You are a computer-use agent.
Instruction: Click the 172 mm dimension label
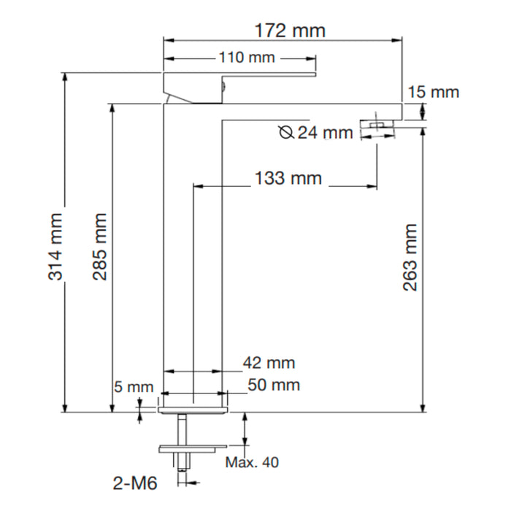pos(289,31)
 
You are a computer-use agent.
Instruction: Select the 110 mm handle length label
pos(247,58)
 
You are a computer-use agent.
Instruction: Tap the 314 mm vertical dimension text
pos(55,247)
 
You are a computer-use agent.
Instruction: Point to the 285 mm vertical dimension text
pos(100,247)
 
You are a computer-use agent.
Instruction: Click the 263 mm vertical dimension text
pos(410,257)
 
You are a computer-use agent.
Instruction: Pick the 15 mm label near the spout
pos(433,92)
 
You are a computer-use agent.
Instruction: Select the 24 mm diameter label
pos(326,133)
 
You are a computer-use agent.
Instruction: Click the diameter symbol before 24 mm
pos(287,132)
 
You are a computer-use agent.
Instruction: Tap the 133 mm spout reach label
pos(288,178)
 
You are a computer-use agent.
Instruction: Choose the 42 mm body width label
pos(269,363)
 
